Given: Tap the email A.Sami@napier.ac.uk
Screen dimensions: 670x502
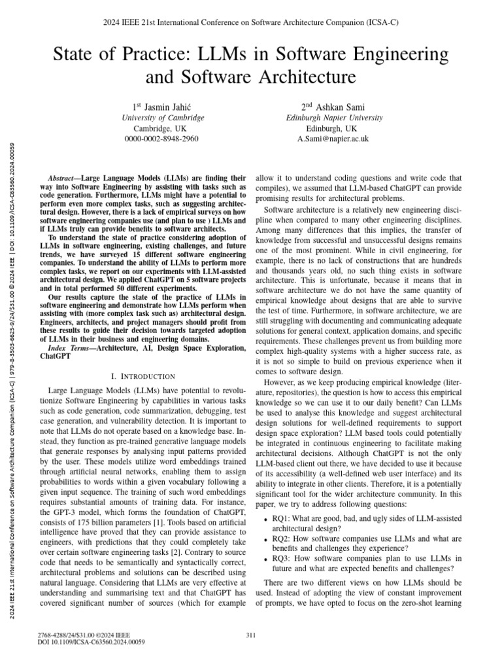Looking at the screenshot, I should [x=333, y=139].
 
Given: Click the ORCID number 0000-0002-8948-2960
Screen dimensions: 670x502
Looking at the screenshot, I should [x=163, y=139].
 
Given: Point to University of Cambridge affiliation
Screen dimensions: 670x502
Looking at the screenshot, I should [x=163, y=118].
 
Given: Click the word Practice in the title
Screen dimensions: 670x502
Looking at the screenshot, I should [x=170, y=52].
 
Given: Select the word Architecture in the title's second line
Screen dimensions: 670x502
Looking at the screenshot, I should [x=307, y=77].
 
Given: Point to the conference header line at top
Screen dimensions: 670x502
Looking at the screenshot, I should [x=250, y=22].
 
